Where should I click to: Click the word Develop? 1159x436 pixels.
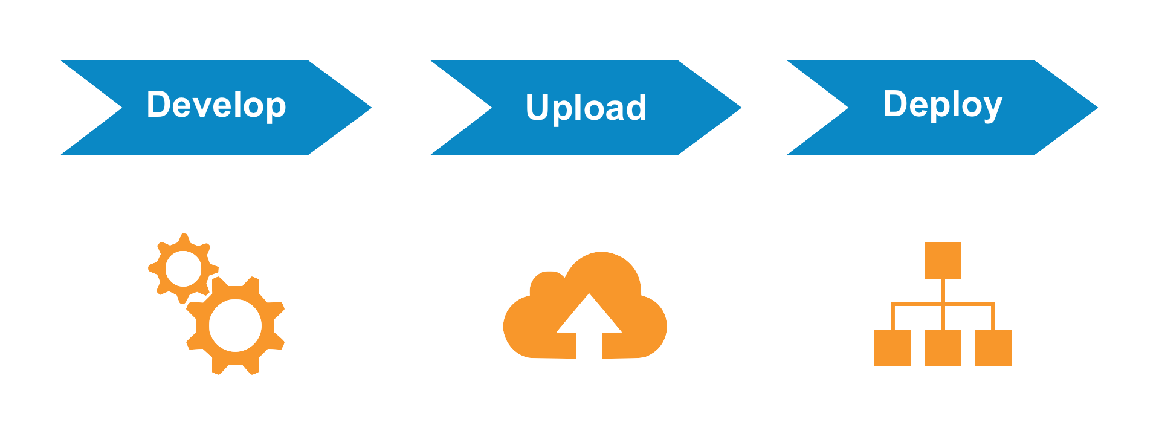[216, 105]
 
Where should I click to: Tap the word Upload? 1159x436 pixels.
[586, 108]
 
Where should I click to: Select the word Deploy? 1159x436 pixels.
[942, 105]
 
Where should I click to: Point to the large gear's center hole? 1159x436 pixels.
[236, 325]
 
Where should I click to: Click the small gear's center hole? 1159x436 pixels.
[183, 268]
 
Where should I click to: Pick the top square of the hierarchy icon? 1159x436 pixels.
[943, 261]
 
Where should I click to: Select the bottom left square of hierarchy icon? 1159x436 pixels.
[893, 348]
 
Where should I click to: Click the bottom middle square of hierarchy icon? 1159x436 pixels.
[943, 348]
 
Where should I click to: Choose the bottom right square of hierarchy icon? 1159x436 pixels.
[993, 348]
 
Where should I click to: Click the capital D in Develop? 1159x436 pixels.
[158, 104]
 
